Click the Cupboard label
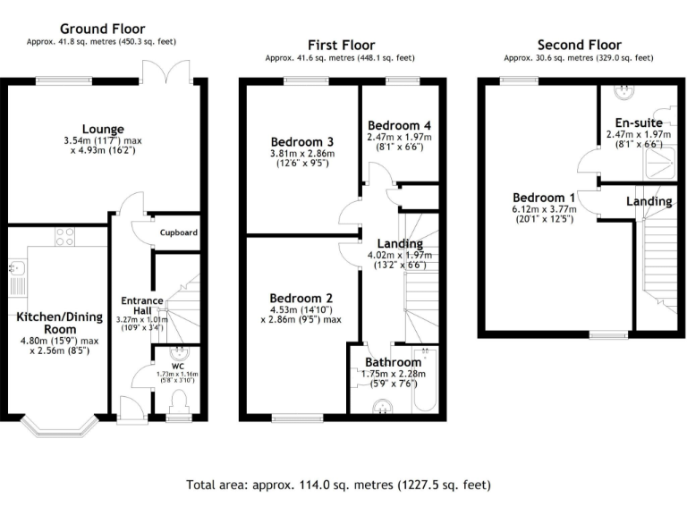point(178,233)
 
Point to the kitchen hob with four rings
point(65,237)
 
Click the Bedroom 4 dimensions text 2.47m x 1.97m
point(399,137)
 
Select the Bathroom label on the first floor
point(394,362)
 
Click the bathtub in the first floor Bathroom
point(425,384)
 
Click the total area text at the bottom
point(339,485)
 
